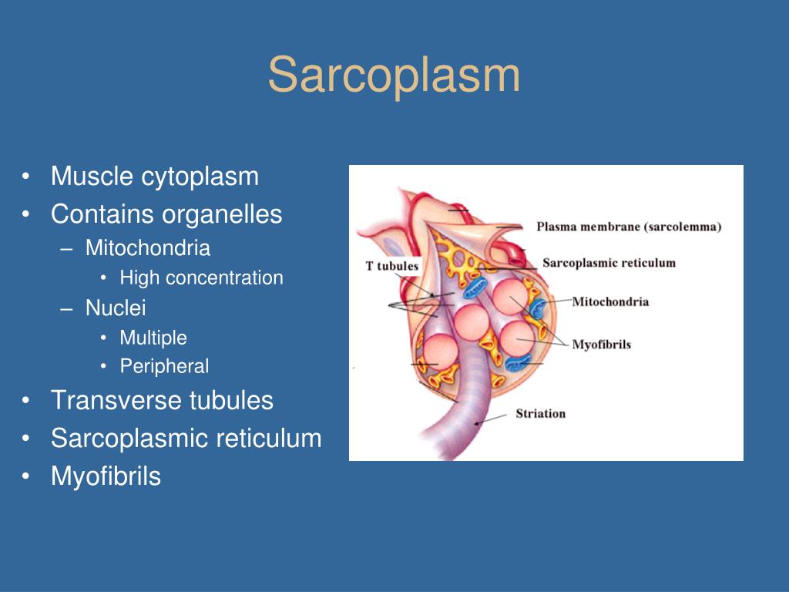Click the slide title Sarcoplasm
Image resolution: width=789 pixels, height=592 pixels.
click(x=394, y=76)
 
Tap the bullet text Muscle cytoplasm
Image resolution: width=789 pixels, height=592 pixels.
click(x=155, y=177)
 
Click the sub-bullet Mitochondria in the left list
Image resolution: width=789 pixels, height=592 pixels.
click(x=148, y=248)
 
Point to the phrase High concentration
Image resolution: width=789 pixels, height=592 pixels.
click(x=202, y=278)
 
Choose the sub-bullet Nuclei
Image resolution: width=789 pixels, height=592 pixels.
click(x=116, y=308)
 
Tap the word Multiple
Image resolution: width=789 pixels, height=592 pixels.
click(x=153, y=338)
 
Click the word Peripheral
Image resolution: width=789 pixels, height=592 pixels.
click(x=164, y=366)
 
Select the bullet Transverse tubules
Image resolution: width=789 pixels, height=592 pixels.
click(x=162, y=401)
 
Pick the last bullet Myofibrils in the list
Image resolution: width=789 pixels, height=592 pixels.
click(x=106, y=476)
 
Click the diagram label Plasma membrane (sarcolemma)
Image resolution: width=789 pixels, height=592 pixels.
click(x=629, y=227)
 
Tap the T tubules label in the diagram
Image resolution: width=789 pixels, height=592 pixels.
click(x=391, y=267)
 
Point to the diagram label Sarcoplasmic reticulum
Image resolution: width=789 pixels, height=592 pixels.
click(x=609, y=263)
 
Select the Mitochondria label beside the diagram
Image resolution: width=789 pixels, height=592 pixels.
click(x=610, y=301)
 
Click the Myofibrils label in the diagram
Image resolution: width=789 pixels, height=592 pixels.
click(x=601, y=344)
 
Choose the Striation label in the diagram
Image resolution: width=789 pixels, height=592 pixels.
click(x=540, y=413)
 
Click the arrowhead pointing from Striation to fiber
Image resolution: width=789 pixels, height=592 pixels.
click(x=478, y=422)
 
